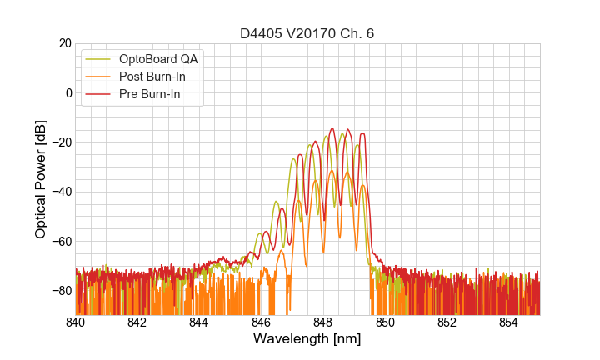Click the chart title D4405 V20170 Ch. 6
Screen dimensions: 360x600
307,33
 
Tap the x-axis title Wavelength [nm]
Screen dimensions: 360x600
307,339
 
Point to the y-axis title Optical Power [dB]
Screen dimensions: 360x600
41,179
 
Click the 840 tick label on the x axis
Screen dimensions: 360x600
75,322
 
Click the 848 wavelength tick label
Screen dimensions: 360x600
323,322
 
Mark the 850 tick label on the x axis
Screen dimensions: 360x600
385,322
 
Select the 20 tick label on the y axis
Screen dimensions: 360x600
64,43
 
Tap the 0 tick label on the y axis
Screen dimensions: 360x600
67,92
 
